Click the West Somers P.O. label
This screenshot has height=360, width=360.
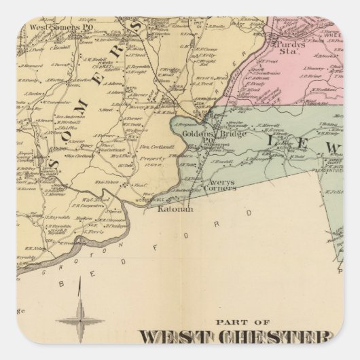tap(54, 26)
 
